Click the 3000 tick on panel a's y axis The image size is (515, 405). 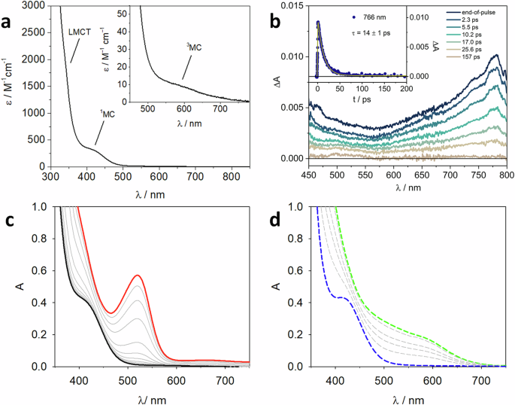click(35, 6)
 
